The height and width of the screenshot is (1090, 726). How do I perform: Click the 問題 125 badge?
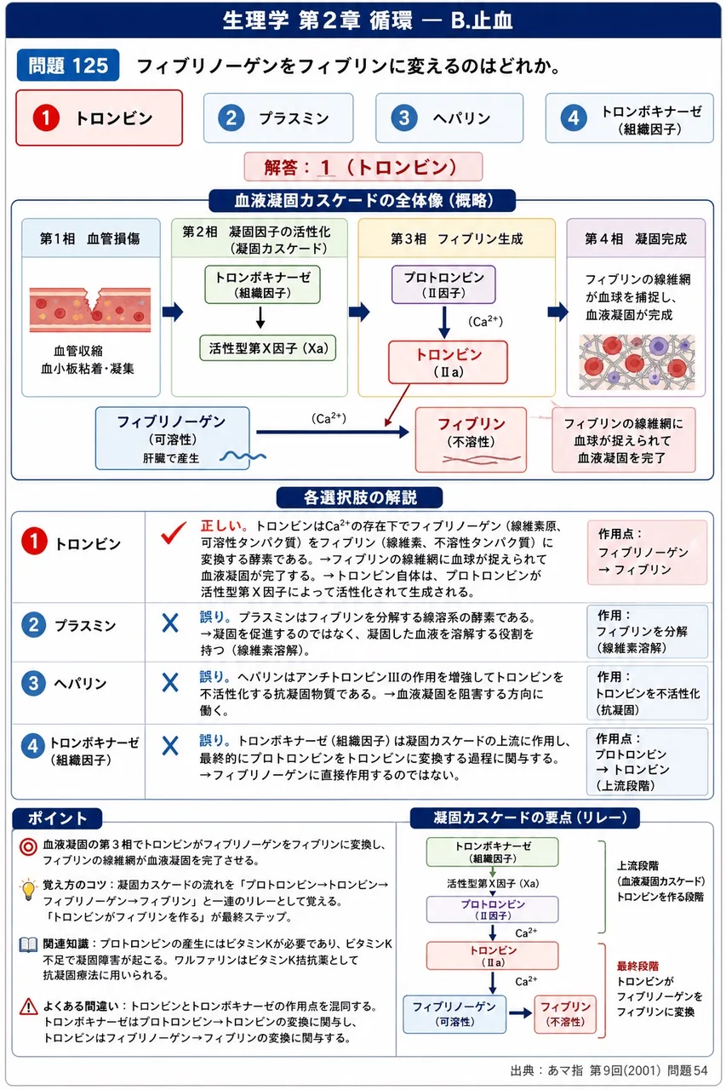click(68, 65)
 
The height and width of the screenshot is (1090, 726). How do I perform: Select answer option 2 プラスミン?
click(278, 118)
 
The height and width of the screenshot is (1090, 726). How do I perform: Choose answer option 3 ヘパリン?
click(449, 118)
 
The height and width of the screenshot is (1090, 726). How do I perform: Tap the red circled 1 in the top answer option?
click(46, 118)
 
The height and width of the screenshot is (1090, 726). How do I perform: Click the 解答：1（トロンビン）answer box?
click(363, 167)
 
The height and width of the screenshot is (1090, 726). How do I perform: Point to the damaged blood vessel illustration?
click(90, 309)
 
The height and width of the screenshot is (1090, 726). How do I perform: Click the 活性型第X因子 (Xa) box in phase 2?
click(268, 348)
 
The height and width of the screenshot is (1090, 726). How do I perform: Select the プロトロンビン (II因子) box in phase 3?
click(443, 284)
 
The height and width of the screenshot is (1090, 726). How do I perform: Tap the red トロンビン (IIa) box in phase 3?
click(448, 362)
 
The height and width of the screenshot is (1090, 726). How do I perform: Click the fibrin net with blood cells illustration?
click(637, 362)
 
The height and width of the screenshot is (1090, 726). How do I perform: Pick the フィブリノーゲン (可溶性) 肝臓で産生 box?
click(173, 439)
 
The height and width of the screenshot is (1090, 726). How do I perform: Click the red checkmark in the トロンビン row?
click(174, 532)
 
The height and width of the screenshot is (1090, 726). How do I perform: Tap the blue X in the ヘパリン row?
click(170, 682)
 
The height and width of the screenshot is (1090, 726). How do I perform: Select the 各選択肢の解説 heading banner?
click(359, 497)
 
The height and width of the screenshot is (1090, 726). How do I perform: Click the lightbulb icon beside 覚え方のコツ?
click(28, 889)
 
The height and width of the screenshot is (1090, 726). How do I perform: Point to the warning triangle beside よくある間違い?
click(29, 1006)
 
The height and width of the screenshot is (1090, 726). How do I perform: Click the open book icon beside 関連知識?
click(28, 944)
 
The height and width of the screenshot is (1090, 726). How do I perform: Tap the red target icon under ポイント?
click(28, 846)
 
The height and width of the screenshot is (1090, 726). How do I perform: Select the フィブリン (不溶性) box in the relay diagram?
click(565, 1013)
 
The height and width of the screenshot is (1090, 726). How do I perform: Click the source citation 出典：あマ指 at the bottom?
click(609, 1070)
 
